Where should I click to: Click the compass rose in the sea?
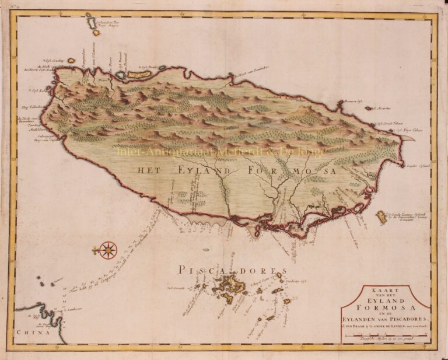point(108,250)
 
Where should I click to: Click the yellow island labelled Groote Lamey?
point(382,217)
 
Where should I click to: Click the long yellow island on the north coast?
point(139,75)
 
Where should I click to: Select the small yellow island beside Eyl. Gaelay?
point(71,60)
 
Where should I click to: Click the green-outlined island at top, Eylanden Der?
point(90,22)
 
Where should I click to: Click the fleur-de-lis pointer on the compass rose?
point(95,250)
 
